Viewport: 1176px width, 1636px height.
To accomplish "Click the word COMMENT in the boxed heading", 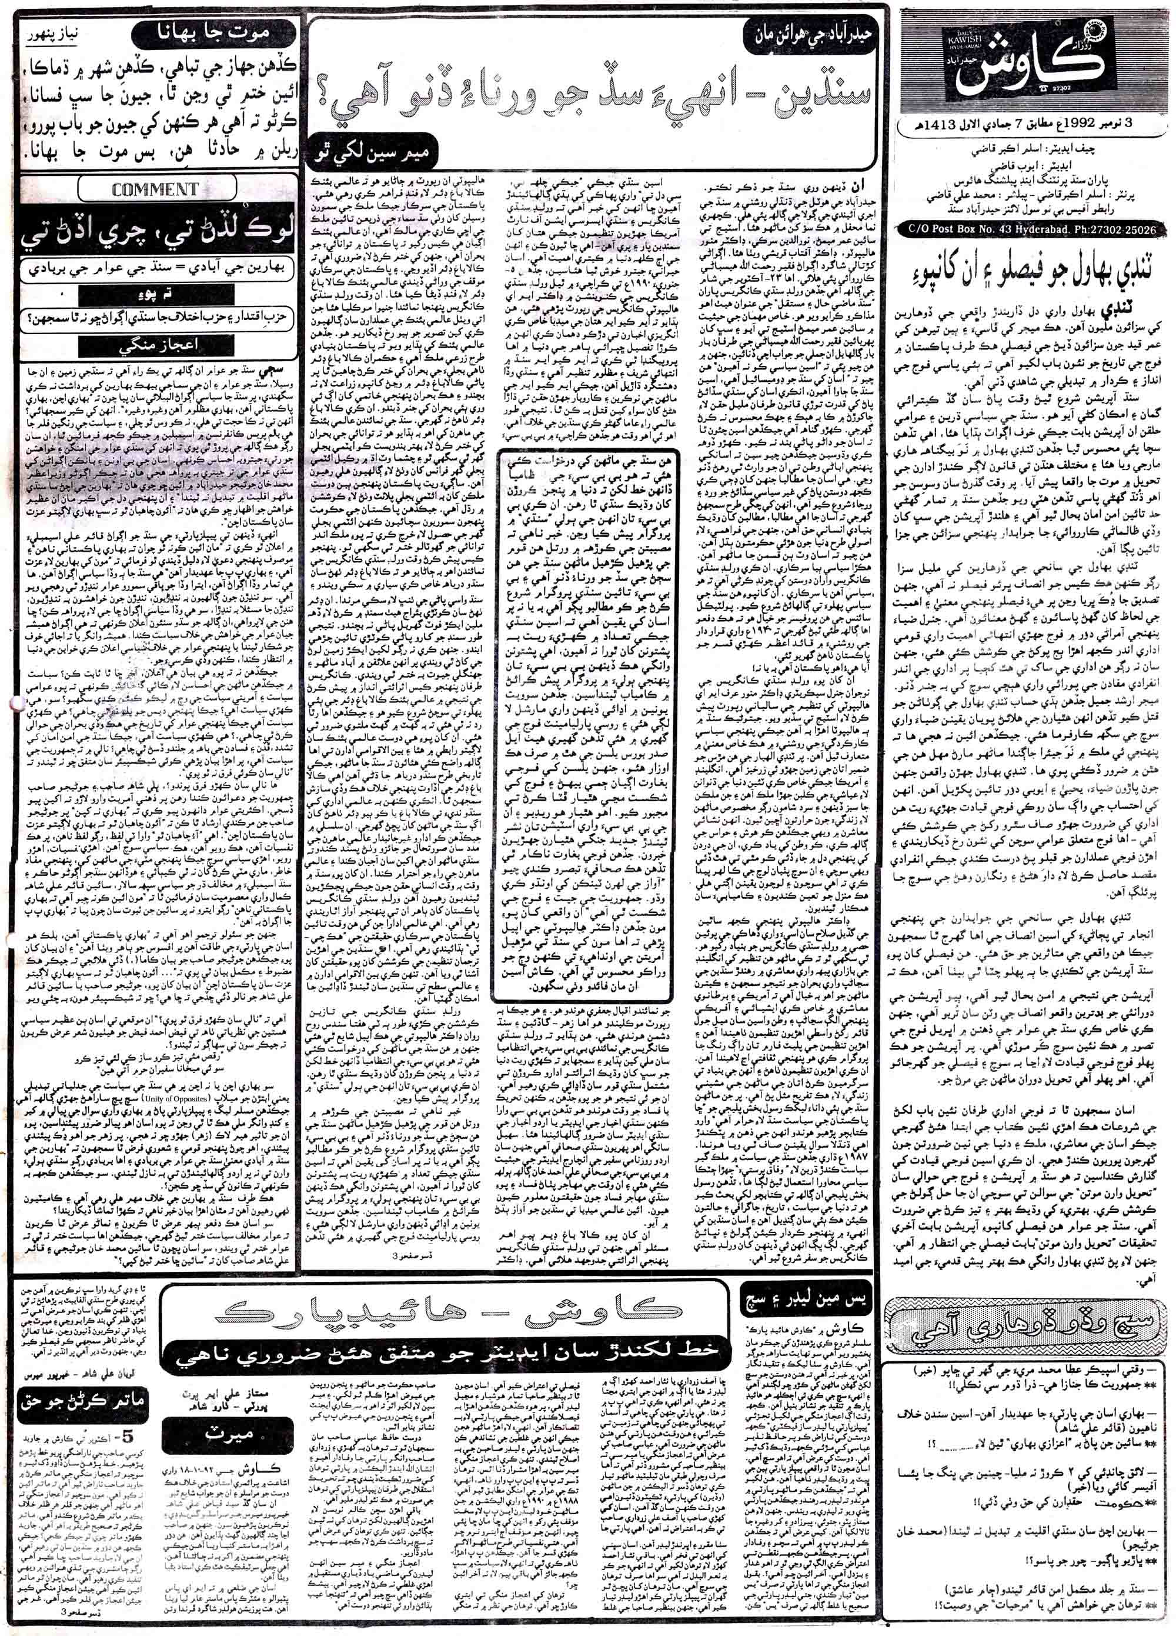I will pos(155,189).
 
